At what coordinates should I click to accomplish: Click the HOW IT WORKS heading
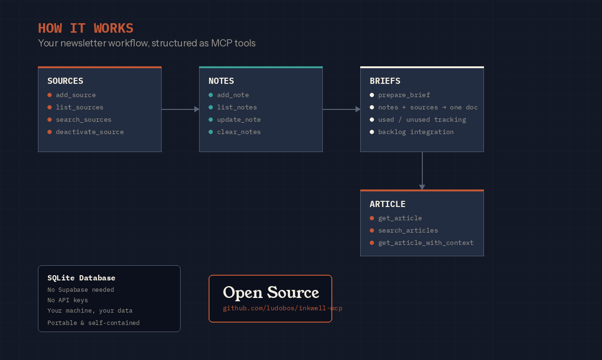click(85, 28)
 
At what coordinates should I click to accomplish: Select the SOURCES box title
click(65, 81)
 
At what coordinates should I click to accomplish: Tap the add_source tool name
click(76, 95)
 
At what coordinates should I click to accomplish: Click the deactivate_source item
click(90, 132)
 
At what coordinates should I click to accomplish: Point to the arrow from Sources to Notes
click(180, 109)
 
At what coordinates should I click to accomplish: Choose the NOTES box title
click(221, 81)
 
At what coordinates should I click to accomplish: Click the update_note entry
click(239, 119)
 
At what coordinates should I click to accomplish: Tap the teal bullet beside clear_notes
click(211, 132)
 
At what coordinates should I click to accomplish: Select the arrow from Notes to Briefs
click(341, 109)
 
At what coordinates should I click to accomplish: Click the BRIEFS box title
click(385, 81)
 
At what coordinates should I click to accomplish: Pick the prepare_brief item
click(404, 95)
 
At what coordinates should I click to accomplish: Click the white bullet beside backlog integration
click(372, 132)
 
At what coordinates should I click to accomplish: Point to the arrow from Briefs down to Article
click(422, 171)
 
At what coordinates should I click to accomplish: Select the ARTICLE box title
click(387, 204)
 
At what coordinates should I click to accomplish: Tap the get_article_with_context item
click(426, 243)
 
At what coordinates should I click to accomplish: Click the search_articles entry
click(408, 230)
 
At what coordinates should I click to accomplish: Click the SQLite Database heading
click(81, 278)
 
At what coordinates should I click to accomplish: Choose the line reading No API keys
click(67, 300)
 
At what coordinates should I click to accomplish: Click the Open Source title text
click(271, 292)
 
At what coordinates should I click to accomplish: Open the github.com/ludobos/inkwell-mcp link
click(282, 308)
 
